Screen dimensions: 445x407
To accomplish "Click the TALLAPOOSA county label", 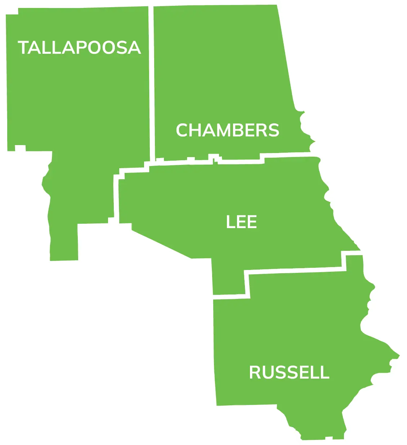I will coord(79,48).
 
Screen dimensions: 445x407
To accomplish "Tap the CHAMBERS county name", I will coord(228,130).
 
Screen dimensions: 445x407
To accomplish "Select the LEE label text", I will coord(241,222).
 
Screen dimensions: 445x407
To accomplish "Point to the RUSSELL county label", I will coord(289,372).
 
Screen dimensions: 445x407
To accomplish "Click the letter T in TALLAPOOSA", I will coord(24,48).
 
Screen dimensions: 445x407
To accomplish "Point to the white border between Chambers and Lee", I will coord(238,162).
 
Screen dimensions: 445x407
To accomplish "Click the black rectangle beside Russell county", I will coord(101,375).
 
